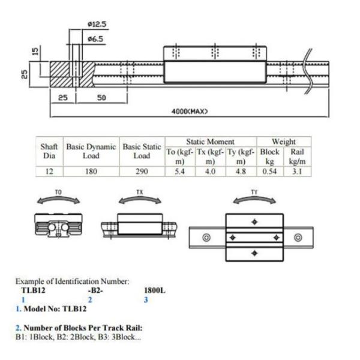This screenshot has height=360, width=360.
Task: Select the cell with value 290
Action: [x=142, y=172]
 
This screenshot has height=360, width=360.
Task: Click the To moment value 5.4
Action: [x=178, y=172]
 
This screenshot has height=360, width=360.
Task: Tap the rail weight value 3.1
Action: [x=297, y=172]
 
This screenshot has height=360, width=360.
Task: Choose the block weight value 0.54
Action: [x=270, y=172]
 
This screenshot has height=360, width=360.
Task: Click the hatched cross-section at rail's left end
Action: [x=63, y=73]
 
